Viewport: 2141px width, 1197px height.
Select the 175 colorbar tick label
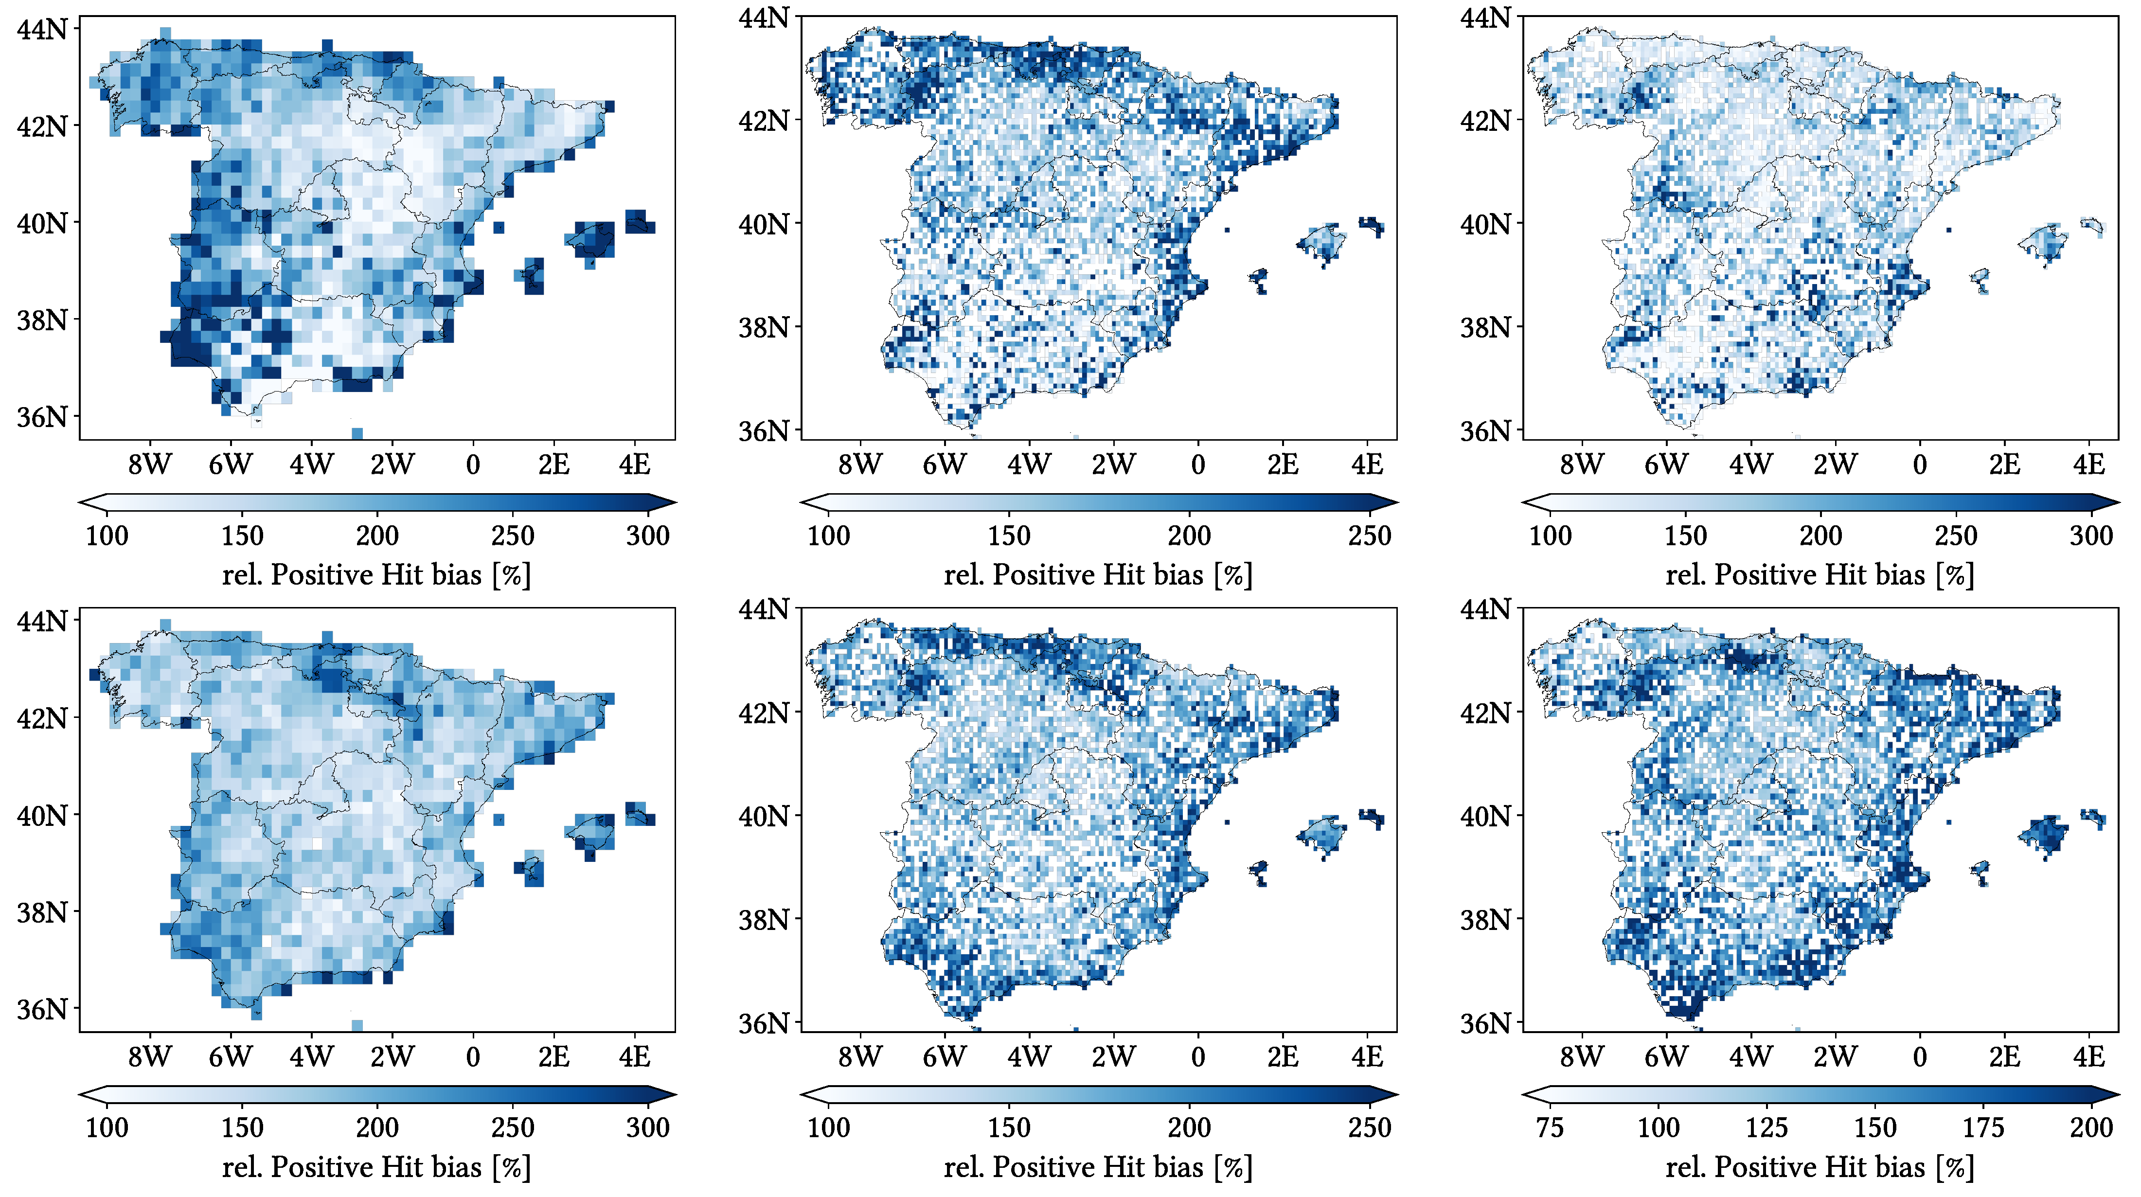point(1983,1128)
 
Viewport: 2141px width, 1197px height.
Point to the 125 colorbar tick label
point(1766,1128)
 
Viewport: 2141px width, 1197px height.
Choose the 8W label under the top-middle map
point(859,465)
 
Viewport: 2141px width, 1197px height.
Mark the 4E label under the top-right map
point(2088,465)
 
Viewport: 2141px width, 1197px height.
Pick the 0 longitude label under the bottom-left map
point(473,1057)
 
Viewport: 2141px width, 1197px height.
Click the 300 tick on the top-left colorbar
point(647,536)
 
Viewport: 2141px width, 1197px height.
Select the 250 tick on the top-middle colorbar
point(1369,536)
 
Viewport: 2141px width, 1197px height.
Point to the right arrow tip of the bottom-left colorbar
point(675,1095)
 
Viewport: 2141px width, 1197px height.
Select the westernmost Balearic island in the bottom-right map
point(1980,871)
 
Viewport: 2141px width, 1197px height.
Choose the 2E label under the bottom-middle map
point(1283,1057)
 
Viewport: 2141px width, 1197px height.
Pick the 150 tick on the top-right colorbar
point(1686,536)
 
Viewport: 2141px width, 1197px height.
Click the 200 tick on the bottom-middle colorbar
point(1189,1128)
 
